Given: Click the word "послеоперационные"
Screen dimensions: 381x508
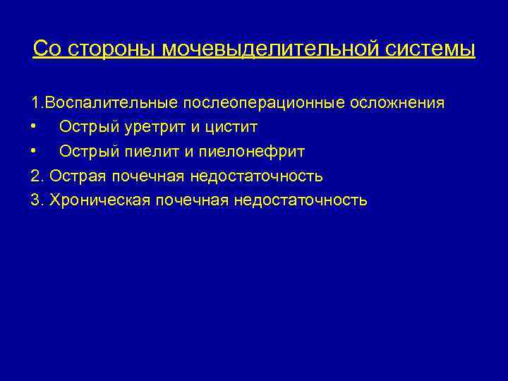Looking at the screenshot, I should (264, 103).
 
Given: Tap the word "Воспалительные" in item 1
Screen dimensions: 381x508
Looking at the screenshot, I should (111, 103).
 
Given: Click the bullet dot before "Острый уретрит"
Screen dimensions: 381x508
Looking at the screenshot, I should (35, 128).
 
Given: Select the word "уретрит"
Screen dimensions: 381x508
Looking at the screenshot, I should (145, 127).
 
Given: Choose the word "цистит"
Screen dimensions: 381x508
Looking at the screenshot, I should (230, 127).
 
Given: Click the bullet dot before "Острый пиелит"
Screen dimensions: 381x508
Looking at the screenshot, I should (35, 152).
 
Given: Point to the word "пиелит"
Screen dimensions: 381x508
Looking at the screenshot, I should (141, 152).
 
